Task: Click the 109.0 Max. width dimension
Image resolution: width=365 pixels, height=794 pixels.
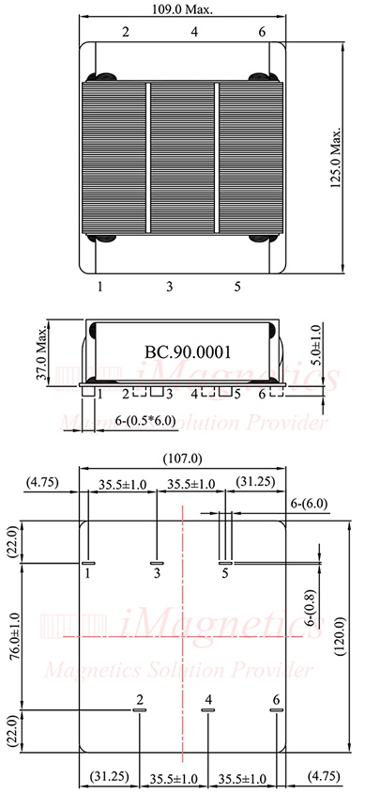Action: [x=183, y=9]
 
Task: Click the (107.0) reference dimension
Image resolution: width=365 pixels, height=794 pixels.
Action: [x=183, y=458]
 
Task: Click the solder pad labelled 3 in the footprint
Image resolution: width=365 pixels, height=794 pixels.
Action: [x=158, y=563]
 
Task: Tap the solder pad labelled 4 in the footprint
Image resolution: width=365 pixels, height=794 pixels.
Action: [x=208, y=711]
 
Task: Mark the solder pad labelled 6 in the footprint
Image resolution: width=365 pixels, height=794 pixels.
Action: [x=276, y=711]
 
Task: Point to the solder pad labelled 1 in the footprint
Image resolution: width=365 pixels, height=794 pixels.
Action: [x=87, y=563]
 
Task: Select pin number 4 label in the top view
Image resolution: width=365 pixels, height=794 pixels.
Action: [x=194, y=32]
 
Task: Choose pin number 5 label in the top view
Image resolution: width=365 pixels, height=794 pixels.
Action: [x=237, y=285]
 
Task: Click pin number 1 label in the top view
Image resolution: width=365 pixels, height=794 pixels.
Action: [x=99, y=285]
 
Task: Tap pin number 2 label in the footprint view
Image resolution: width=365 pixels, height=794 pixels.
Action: [x=140, y=700]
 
